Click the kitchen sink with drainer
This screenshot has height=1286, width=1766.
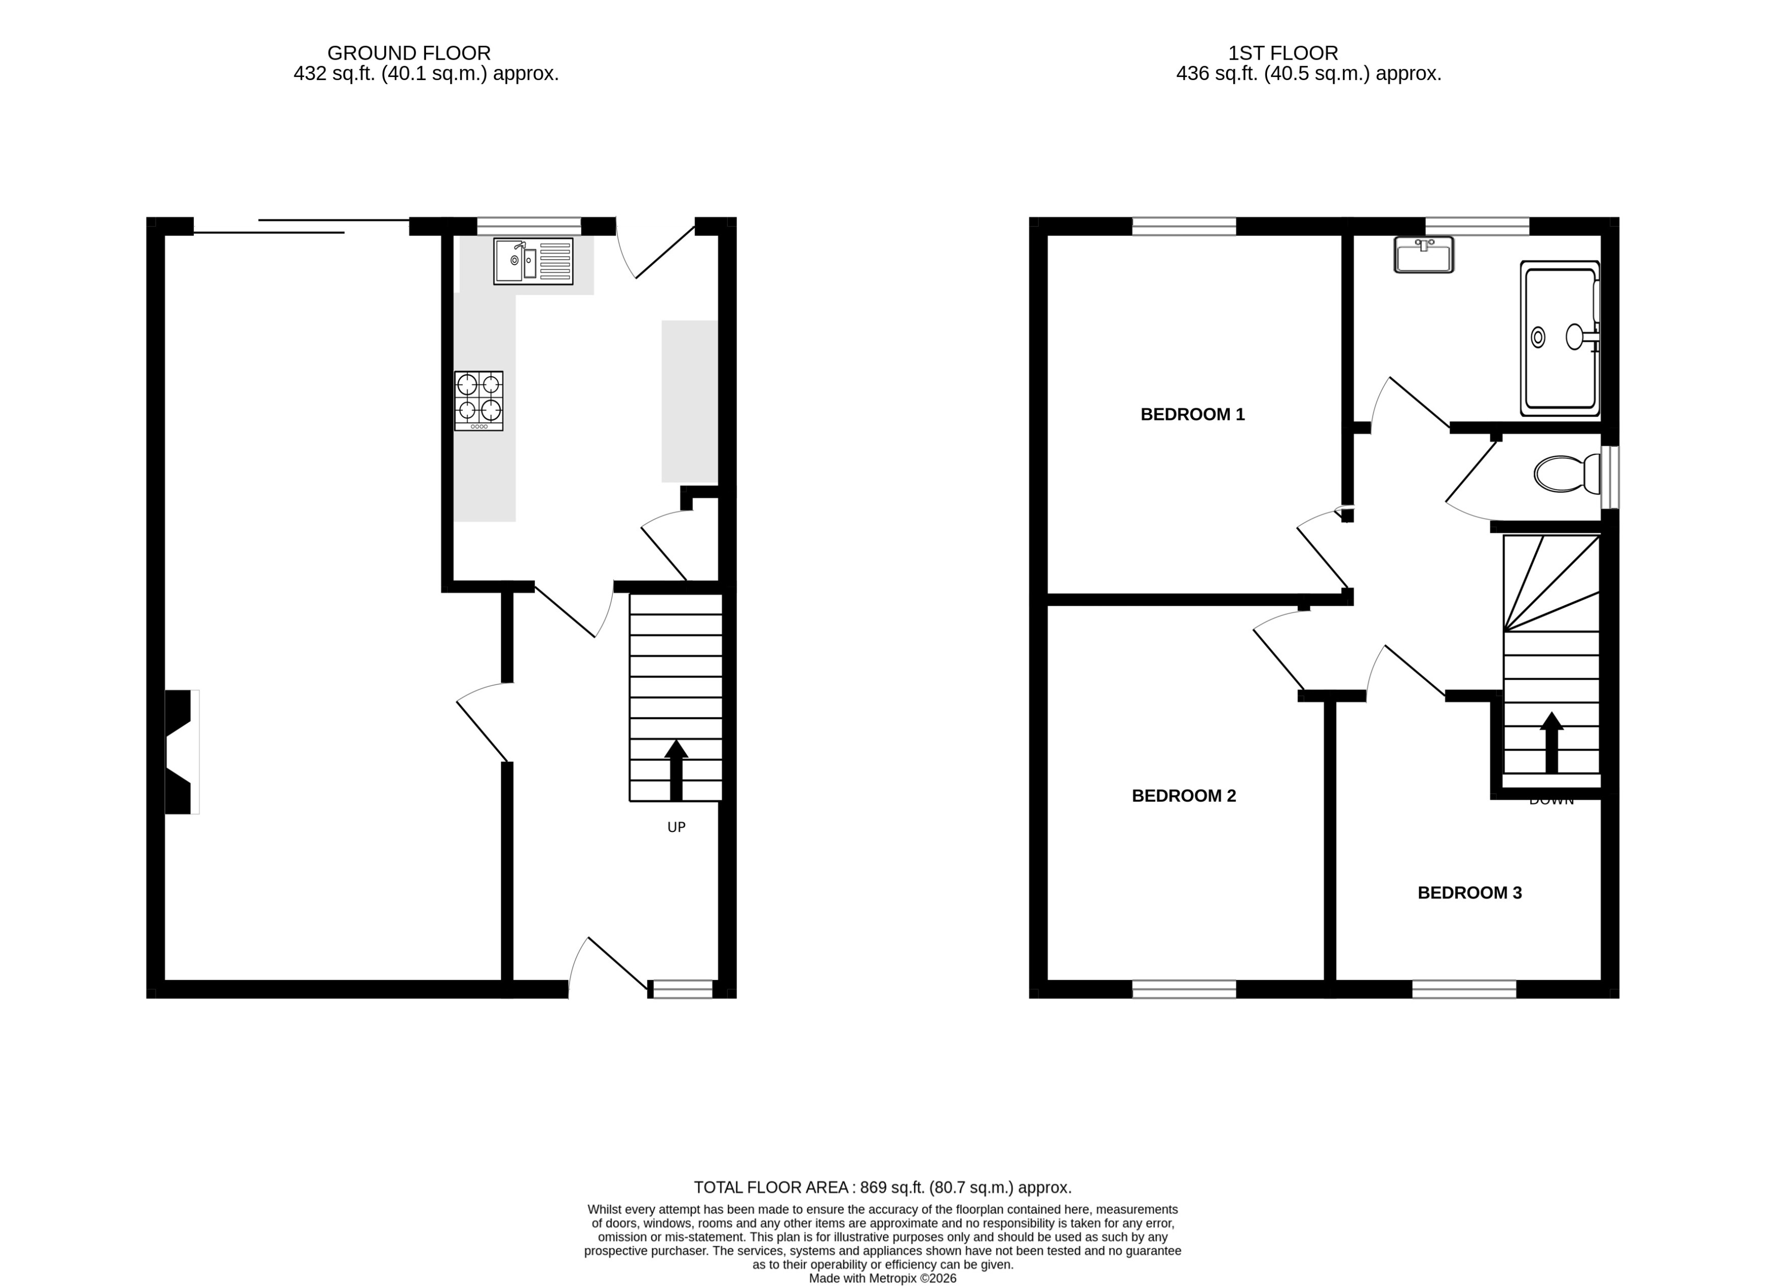pos(533,261)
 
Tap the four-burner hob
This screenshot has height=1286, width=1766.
pos(479,401)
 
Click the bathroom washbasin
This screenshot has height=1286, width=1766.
pos(1424,256)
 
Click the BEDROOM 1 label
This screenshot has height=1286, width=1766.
pos(1192,414)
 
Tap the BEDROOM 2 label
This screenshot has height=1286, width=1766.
pos(1184,795)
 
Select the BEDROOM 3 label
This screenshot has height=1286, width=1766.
pos(1470,893)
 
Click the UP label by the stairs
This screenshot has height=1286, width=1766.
pos(676,827)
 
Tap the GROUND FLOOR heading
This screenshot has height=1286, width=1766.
pos(409,53)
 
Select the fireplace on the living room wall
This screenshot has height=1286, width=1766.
pos(181,752)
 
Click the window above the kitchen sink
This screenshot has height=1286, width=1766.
pos(529,226)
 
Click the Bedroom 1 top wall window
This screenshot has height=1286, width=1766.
pos(1184,226)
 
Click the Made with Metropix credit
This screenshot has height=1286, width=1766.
pos(882,1278)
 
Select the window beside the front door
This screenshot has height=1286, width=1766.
pos(682,989)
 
